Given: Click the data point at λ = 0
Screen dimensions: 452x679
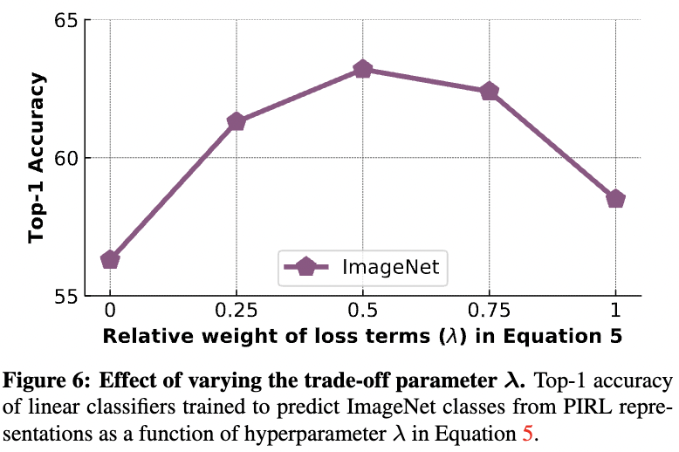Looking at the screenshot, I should click(110, 259).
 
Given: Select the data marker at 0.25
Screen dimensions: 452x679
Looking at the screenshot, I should click(236, 121).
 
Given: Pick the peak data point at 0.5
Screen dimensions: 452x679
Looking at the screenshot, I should click(363, 69).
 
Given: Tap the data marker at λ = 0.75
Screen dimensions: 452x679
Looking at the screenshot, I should click(490, 91).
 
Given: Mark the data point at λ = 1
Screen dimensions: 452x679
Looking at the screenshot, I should click(615, 199).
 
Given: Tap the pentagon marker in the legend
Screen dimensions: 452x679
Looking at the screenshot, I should click(306, 268).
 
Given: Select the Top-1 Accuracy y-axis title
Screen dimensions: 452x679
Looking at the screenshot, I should click(37, 158).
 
